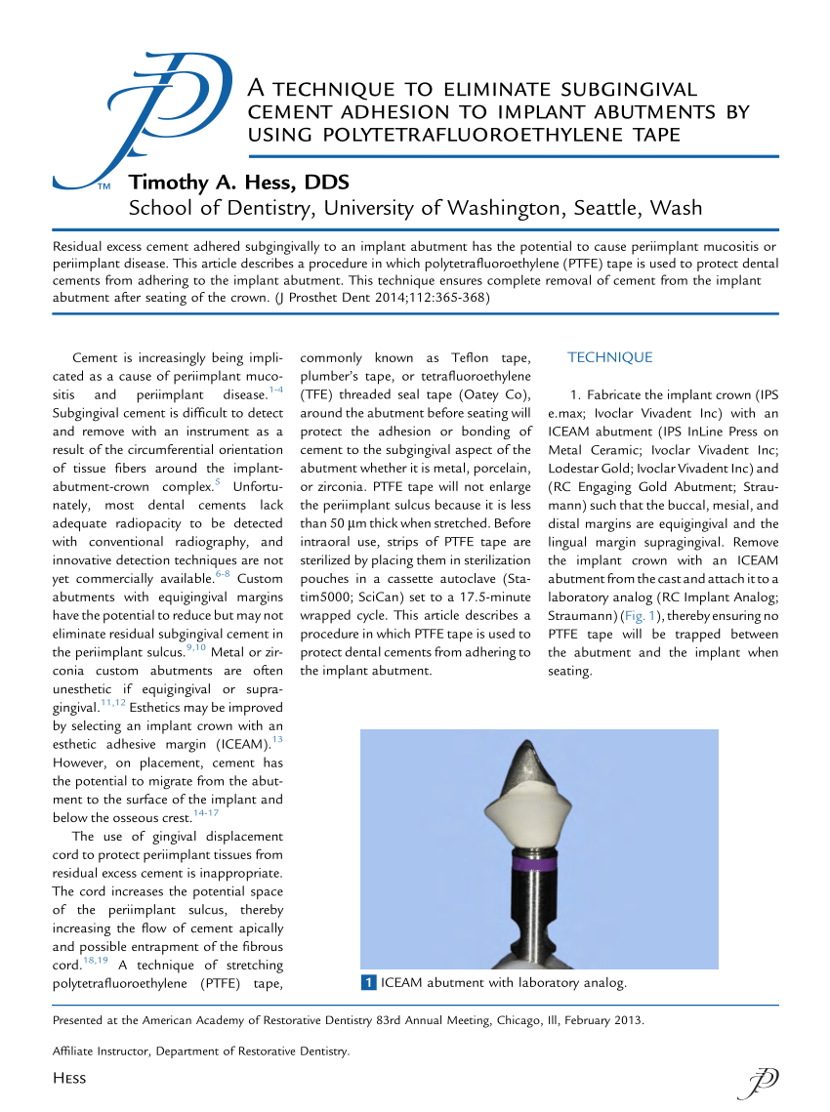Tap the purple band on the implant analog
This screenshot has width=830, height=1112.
coord(535,864)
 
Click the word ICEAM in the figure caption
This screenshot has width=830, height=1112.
coord(404,982)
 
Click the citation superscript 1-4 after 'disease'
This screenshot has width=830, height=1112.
coord(275,391)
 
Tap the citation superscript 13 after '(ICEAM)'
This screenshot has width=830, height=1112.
coord(276,742)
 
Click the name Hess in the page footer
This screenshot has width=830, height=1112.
coord(68,1078)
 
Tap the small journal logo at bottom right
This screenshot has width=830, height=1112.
coord(762,1080)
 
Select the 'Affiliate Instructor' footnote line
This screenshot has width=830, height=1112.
coord(200,1050)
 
